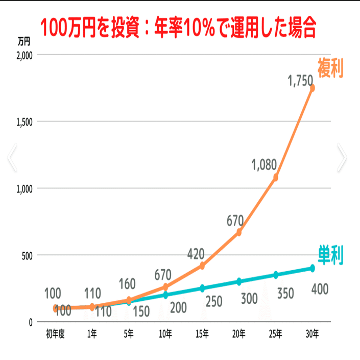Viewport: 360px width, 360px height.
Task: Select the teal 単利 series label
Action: (330, 254)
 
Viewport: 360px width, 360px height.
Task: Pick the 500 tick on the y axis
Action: (27, 255)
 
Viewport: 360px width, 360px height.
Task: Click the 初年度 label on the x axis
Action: (55, 334)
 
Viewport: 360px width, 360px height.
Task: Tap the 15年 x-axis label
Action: (202, 334)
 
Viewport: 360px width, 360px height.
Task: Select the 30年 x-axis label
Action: (312, 334)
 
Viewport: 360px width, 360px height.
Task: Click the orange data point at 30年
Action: (312, 88)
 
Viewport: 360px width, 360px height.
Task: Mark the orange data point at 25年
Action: (276, 177)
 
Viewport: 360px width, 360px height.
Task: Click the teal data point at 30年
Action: (312, 268)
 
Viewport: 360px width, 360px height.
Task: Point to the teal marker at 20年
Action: (239, 281)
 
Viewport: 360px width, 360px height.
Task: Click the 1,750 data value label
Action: (301, 80)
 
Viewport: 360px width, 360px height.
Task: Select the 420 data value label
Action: (196, 253)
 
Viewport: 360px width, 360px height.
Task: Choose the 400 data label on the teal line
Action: (319, 289)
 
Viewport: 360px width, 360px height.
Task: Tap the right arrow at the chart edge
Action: (342, 158)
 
